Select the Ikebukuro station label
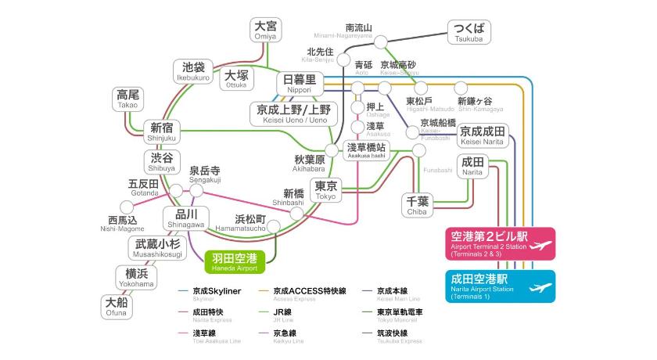point(193,71)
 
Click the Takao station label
point(127,99)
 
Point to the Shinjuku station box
point(162,131)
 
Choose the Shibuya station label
point(162,161)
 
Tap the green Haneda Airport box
point(235,261)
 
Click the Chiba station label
point(417,205)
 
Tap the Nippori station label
point(299,83)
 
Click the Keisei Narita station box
point(483,135)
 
